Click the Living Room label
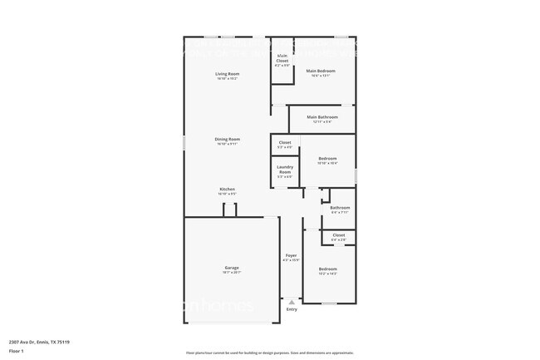point(227,75)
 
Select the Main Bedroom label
point(320,72)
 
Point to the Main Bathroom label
point(322,117)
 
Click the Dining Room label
point(227,139)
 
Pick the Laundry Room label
point(284,170)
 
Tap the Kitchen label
point(227,189)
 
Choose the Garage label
point(231,268)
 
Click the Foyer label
point(291,255)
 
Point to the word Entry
point(291,309)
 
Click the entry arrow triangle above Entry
point(291,302)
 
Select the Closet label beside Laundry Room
point(284,142)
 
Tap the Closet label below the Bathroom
point(338,235)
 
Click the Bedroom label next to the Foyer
point(327,269)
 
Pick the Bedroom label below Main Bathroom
point(327,158)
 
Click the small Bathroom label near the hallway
point(340,207)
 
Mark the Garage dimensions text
point(231,272)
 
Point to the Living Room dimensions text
point(227,79)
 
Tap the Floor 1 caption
point(17,350)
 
